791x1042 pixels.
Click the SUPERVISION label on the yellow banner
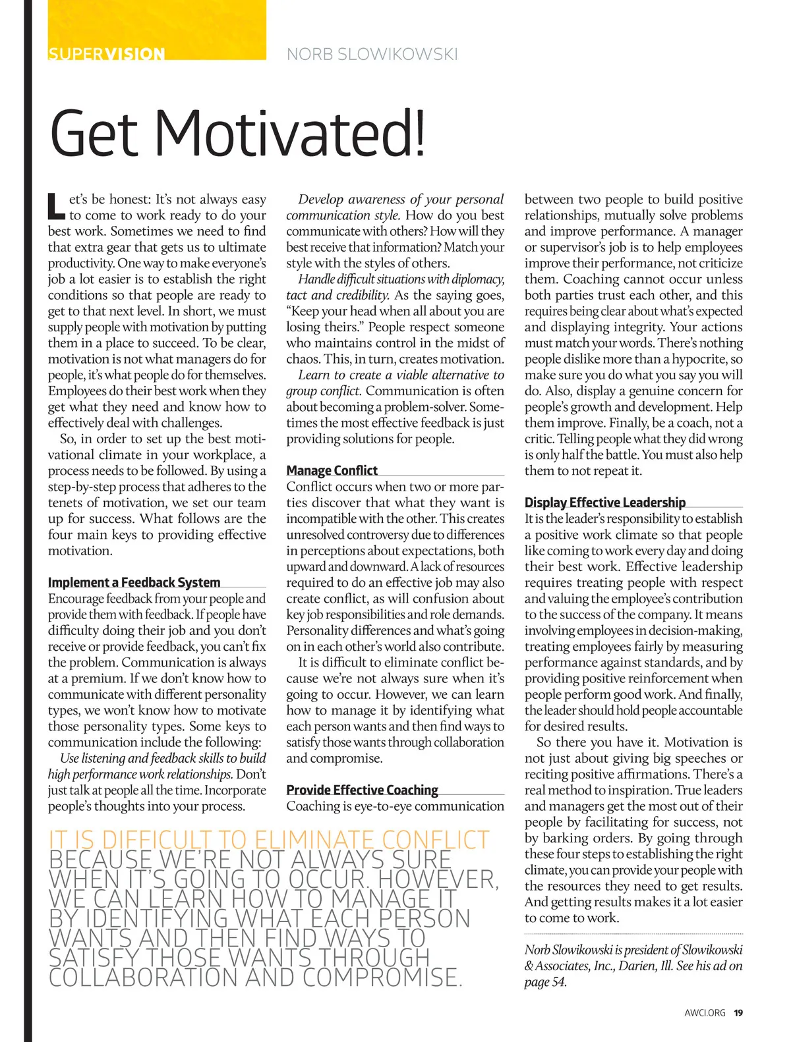point(106,53)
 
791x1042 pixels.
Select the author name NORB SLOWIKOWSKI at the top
point(372,54)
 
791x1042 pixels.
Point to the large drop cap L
point(56,206)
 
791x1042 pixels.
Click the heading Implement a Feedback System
point(134,582)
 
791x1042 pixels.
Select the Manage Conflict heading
point(332,470)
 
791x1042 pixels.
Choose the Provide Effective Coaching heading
point(362,790)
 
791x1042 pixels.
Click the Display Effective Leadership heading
point(604,503)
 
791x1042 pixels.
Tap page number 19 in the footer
point(738,1013)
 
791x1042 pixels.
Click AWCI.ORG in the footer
point(705,1013)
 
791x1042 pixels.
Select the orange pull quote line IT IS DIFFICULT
point(269,840)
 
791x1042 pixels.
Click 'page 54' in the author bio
point(545,982)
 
